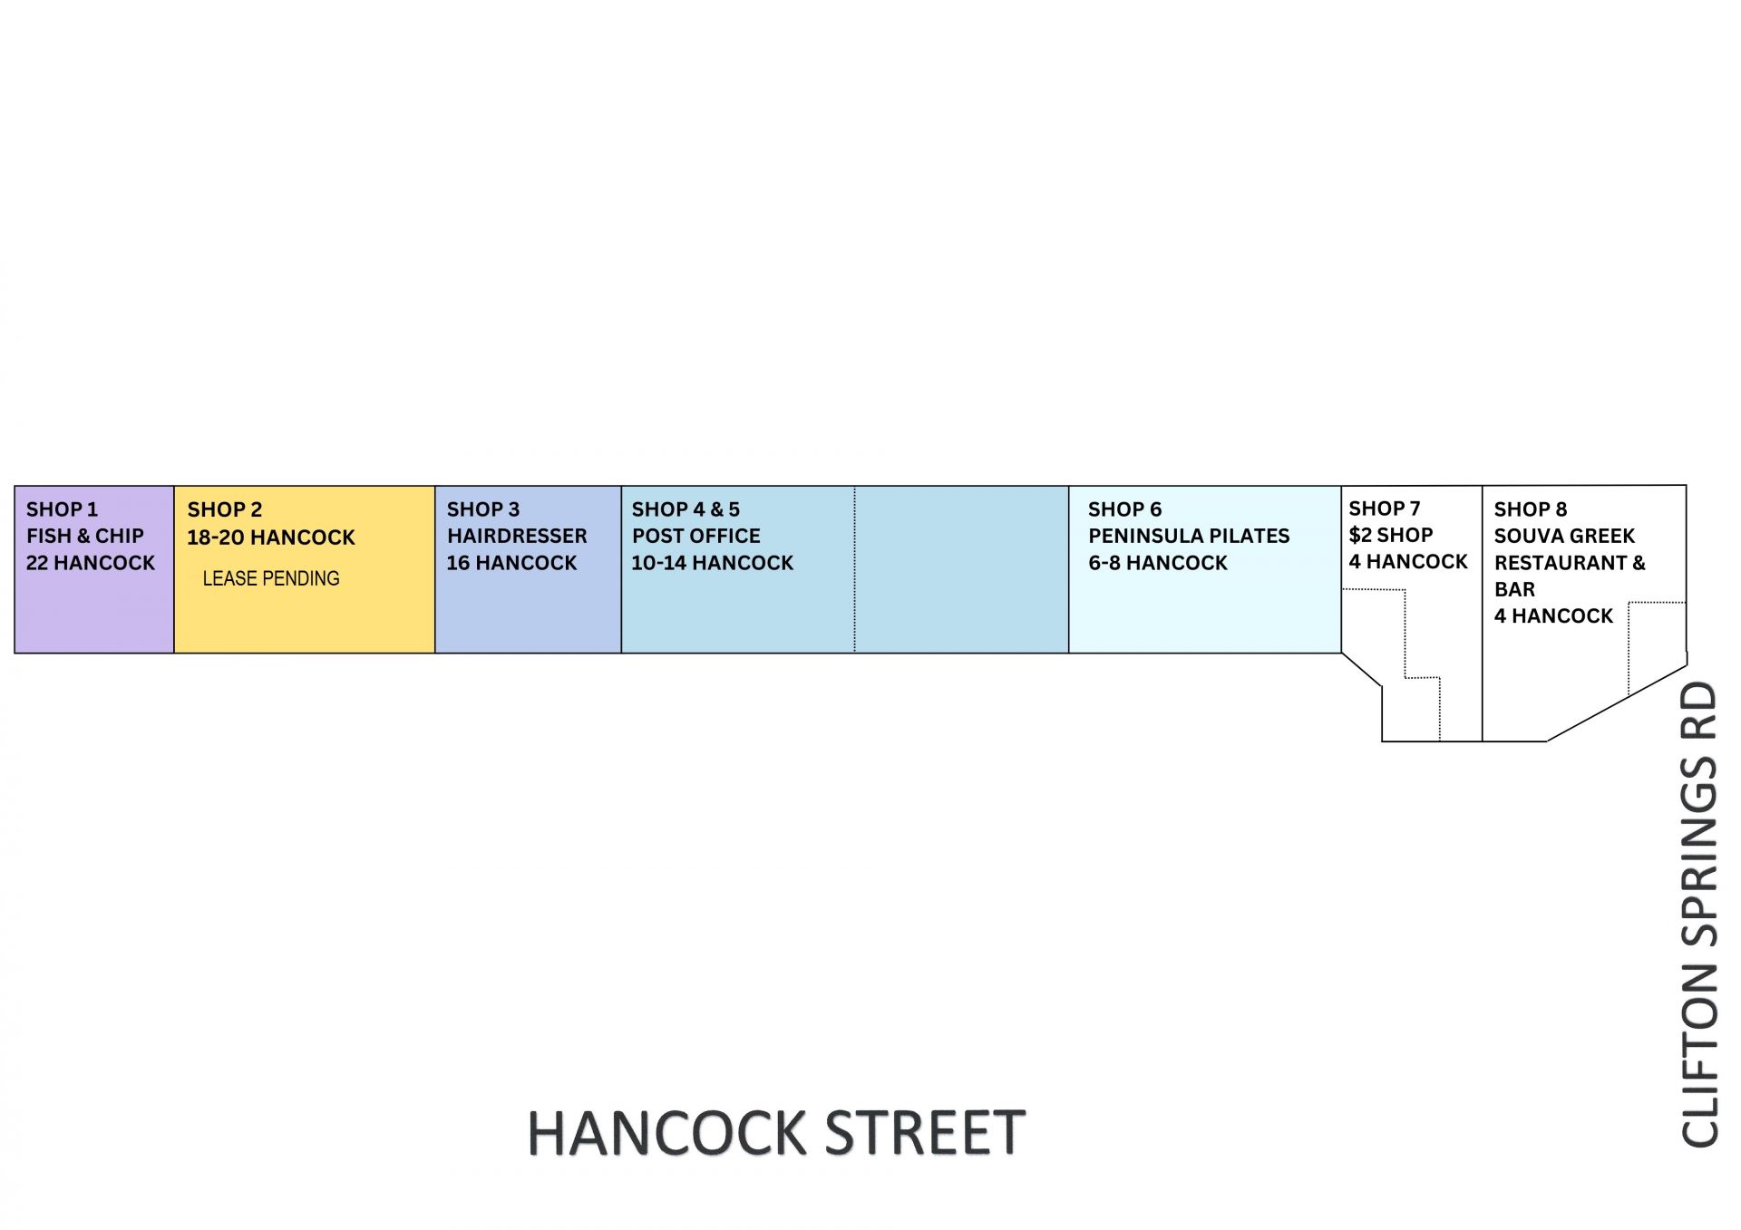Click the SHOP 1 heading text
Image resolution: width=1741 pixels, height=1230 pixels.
click(x=62, y=509)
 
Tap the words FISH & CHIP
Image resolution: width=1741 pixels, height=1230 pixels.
click(x=85, y=536)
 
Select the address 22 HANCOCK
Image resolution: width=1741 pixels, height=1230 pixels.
click(x=91, y=563)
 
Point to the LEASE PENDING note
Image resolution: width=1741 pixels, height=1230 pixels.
click(x=271, y=578)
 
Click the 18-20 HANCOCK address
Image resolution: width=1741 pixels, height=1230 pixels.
click(x=271, y=538)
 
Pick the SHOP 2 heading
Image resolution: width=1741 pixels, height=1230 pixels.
click(x=225, y=510)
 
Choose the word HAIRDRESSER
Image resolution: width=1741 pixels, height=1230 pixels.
click(x=517, y=536)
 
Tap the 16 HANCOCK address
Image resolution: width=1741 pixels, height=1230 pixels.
click(x=511, y=563)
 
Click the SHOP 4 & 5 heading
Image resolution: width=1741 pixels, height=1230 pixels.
click(x=686, y=509)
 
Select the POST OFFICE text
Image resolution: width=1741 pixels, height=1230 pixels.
click(x=696, y=536)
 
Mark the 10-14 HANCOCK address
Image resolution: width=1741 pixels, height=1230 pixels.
click(x=713, y=563)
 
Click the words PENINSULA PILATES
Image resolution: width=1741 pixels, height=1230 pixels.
click(x=1189, y=536)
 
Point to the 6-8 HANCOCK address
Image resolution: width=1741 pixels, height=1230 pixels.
click(x=1158, y=563)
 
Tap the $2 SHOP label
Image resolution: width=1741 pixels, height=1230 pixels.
click(x=1391, y=535)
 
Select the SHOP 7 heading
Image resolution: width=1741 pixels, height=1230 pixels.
click(x=1385, y=508)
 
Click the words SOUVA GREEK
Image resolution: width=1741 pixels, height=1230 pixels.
click(x=1564, y=536)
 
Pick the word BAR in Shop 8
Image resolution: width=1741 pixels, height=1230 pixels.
click(x=1514, y=589)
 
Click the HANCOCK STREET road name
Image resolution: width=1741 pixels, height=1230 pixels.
click(x=776, y=1133)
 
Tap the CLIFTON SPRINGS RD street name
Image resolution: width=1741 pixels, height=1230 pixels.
click(x=1699, y=915)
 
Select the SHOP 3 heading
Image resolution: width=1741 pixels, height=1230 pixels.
click(x=483, y=509)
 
